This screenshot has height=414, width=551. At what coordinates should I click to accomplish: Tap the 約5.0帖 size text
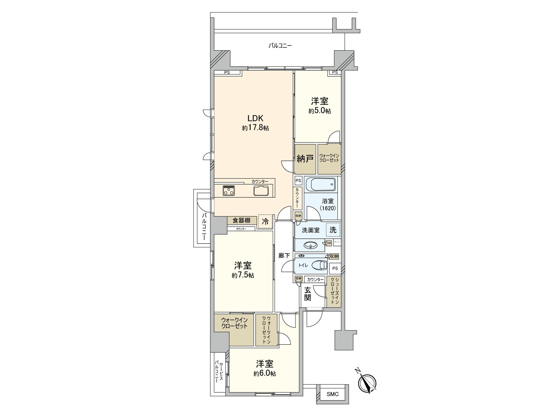pyautogui.click(x=320, y=111)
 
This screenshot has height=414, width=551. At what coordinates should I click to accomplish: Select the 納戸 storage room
pyautogui.click(x=305, y=159)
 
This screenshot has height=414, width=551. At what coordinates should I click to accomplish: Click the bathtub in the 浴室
pyautogui.click(x=320, y=185)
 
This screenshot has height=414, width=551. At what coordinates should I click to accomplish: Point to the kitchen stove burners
pyautogui.click(x=228, y=190)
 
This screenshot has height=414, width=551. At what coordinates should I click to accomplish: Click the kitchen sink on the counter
pyautogui.click(x=261, y=190)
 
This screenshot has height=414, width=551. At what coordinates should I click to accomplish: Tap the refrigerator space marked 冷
pyautogui.click(x=265, y=221)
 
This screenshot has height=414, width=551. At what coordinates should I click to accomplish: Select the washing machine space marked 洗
pyautogui.click(x=333, y=230)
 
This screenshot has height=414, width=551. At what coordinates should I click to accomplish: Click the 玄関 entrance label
pyautogui.click(x=308, y=294)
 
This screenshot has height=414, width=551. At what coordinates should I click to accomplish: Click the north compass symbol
pyautogui.click(x=367, y=383)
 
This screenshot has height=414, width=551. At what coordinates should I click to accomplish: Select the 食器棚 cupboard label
pyautogui.click(x=241, y=220)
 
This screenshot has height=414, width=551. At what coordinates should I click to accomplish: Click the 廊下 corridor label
pyautogui.click(x=284, y=256)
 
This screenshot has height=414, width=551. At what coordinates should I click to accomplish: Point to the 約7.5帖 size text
pyautogui.click(x=243, y=275)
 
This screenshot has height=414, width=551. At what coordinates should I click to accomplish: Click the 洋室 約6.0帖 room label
pyautogui.click(x=264, y=364)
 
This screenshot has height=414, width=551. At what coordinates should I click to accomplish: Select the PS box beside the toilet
pyautogui.click(x=335, y=268)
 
